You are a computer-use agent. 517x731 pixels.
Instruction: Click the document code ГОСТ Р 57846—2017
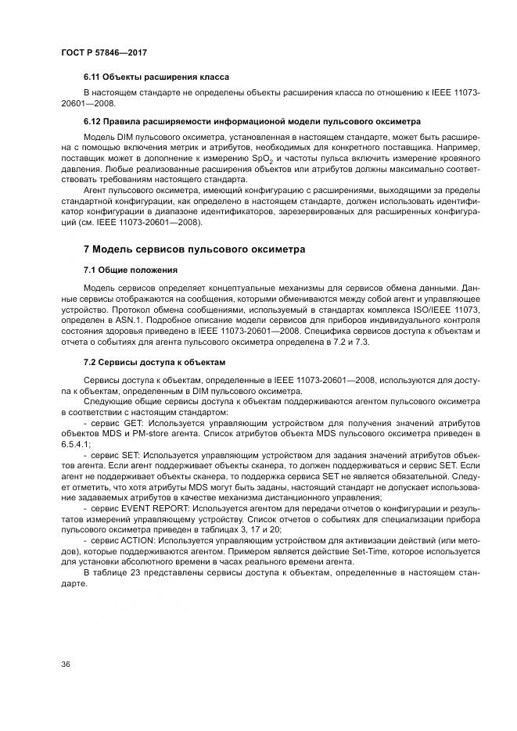coord(103,52)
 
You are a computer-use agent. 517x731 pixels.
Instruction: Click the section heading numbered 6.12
coord(252,121)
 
